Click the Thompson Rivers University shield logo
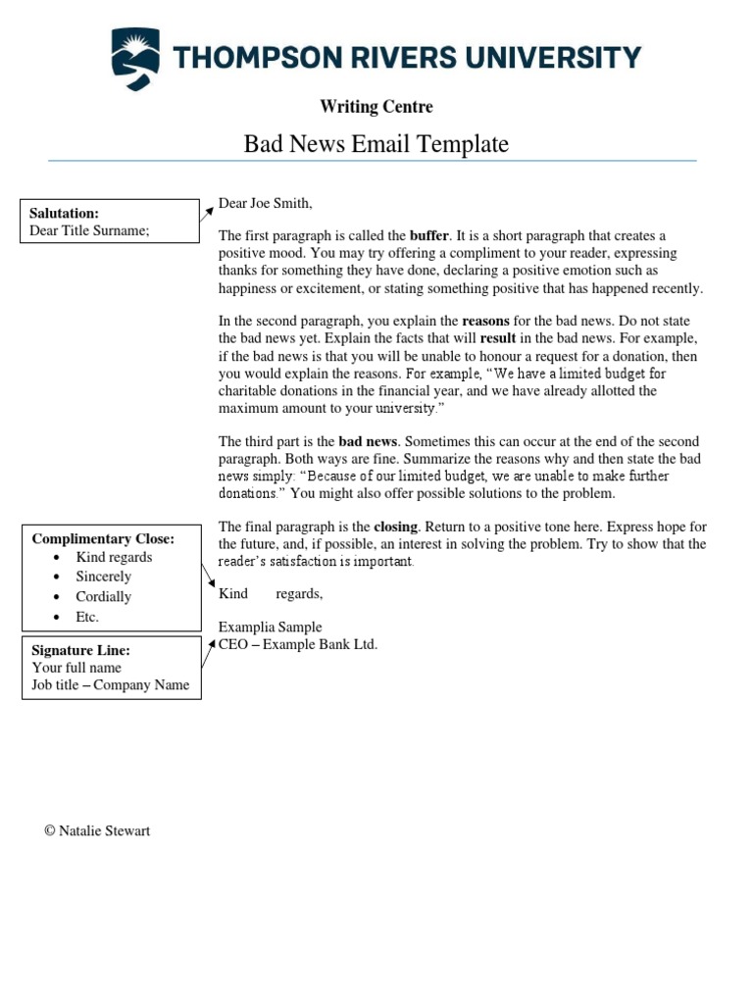coord(136,59)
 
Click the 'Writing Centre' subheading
coord(376,107)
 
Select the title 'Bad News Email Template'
coord(376,144)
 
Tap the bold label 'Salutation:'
coord(64,213)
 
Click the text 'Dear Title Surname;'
coord(89,230)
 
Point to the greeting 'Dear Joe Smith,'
coord(265,204)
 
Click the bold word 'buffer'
coord(428,236)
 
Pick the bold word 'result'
coord(498,338)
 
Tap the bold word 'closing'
coord(395,527)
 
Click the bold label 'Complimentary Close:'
coord(103,538)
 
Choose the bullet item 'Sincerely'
coord(103,577)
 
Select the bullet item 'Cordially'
coord(103,596)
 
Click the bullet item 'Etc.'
coord(87,617)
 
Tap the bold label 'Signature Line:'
coord(80,650)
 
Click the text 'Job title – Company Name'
coord(110,684)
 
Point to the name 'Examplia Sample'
coord(270,627)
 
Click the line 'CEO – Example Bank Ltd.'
coord(297,644)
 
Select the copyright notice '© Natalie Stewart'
coord(97,830)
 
